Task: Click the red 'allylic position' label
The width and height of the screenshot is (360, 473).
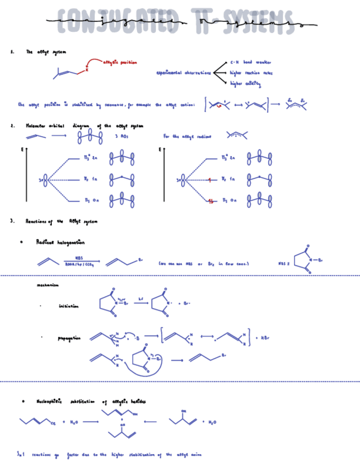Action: click(x=120, y=62)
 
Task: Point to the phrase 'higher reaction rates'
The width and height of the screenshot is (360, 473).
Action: click(x=251, y=73)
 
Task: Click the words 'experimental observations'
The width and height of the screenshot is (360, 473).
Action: click(x=183, y=73)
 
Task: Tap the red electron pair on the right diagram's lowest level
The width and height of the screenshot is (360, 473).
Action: click(x=209, y=200)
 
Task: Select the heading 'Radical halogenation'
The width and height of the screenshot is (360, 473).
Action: click(x=60, y=242)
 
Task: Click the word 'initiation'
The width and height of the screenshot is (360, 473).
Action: click(x=69, y=306)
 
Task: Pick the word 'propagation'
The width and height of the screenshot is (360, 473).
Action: click(x=70, y=338)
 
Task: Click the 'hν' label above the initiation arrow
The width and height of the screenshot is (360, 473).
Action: click(x=141, y=298)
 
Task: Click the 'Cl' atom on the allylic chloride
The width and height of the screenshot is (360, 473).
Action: click(x=53, y=424)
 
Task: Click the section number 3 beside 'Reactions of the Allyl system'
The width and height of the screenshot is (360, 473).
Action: click(x=12, y=221)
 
